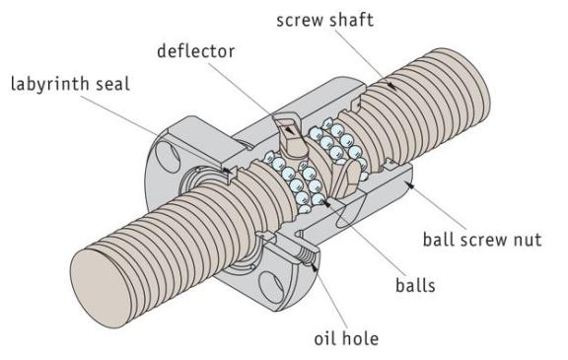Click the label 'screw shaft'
pos(324,20)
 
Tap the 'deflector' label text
pos(195,50)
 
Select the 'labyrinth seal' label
pos(70,84)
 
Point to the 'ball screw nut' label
pos(482,240)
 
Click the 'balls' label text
pos(415,285)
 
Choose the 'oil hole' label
pos(346,338)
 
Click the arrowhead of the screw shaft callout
pos(390,86)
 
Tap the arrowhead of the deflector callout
pos(289,129)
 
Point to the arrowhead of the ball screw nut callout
pos(409,185)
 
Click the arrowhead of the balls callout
pos(326,203)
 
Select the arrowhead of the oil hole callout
pos(314,268)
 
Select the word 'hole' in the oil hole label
pos(361,338)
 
